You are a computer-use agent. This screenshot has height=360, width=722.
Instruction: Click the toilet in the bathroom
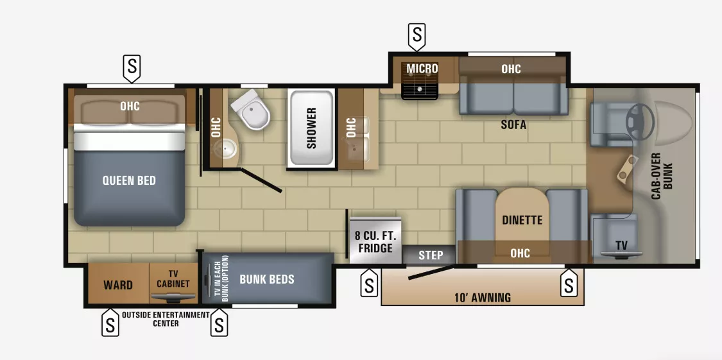pos(252,110)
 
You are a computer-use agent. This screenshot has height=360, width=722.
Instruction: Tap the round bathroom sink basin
pos(224,150)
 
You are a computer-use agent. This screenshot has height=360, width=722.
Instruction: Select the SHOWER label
pos(311,128)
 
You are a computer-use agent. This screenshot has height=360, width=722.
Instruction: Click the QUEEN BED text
pos(129,180)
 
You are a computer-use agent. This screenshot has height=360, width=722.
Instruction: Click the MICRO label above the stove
pos(422,69)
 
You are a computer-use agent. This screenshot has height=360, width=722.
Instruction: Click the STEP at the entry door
pos(431,255)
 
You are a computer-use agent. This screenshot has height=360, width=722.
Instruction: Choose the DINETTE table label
pos(522,220)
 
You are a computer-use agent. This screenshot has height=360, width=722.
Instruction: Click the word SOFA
pos(513,125)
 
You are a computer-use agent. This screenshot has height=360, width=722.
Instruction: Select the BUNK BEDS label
pos(266,279)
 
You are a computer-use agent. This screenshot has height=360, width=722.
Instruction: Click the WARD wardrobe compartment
pos(118,285)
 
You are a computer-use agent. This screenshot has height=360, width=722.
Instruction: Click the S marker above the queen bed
pos(132,66)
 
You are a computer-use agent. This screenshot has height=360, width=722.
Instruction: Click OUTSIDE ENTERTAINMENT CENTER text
pos(166,319)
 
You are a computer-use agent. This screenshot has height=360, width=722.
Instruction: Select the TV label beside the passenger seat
pos(621,245)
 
